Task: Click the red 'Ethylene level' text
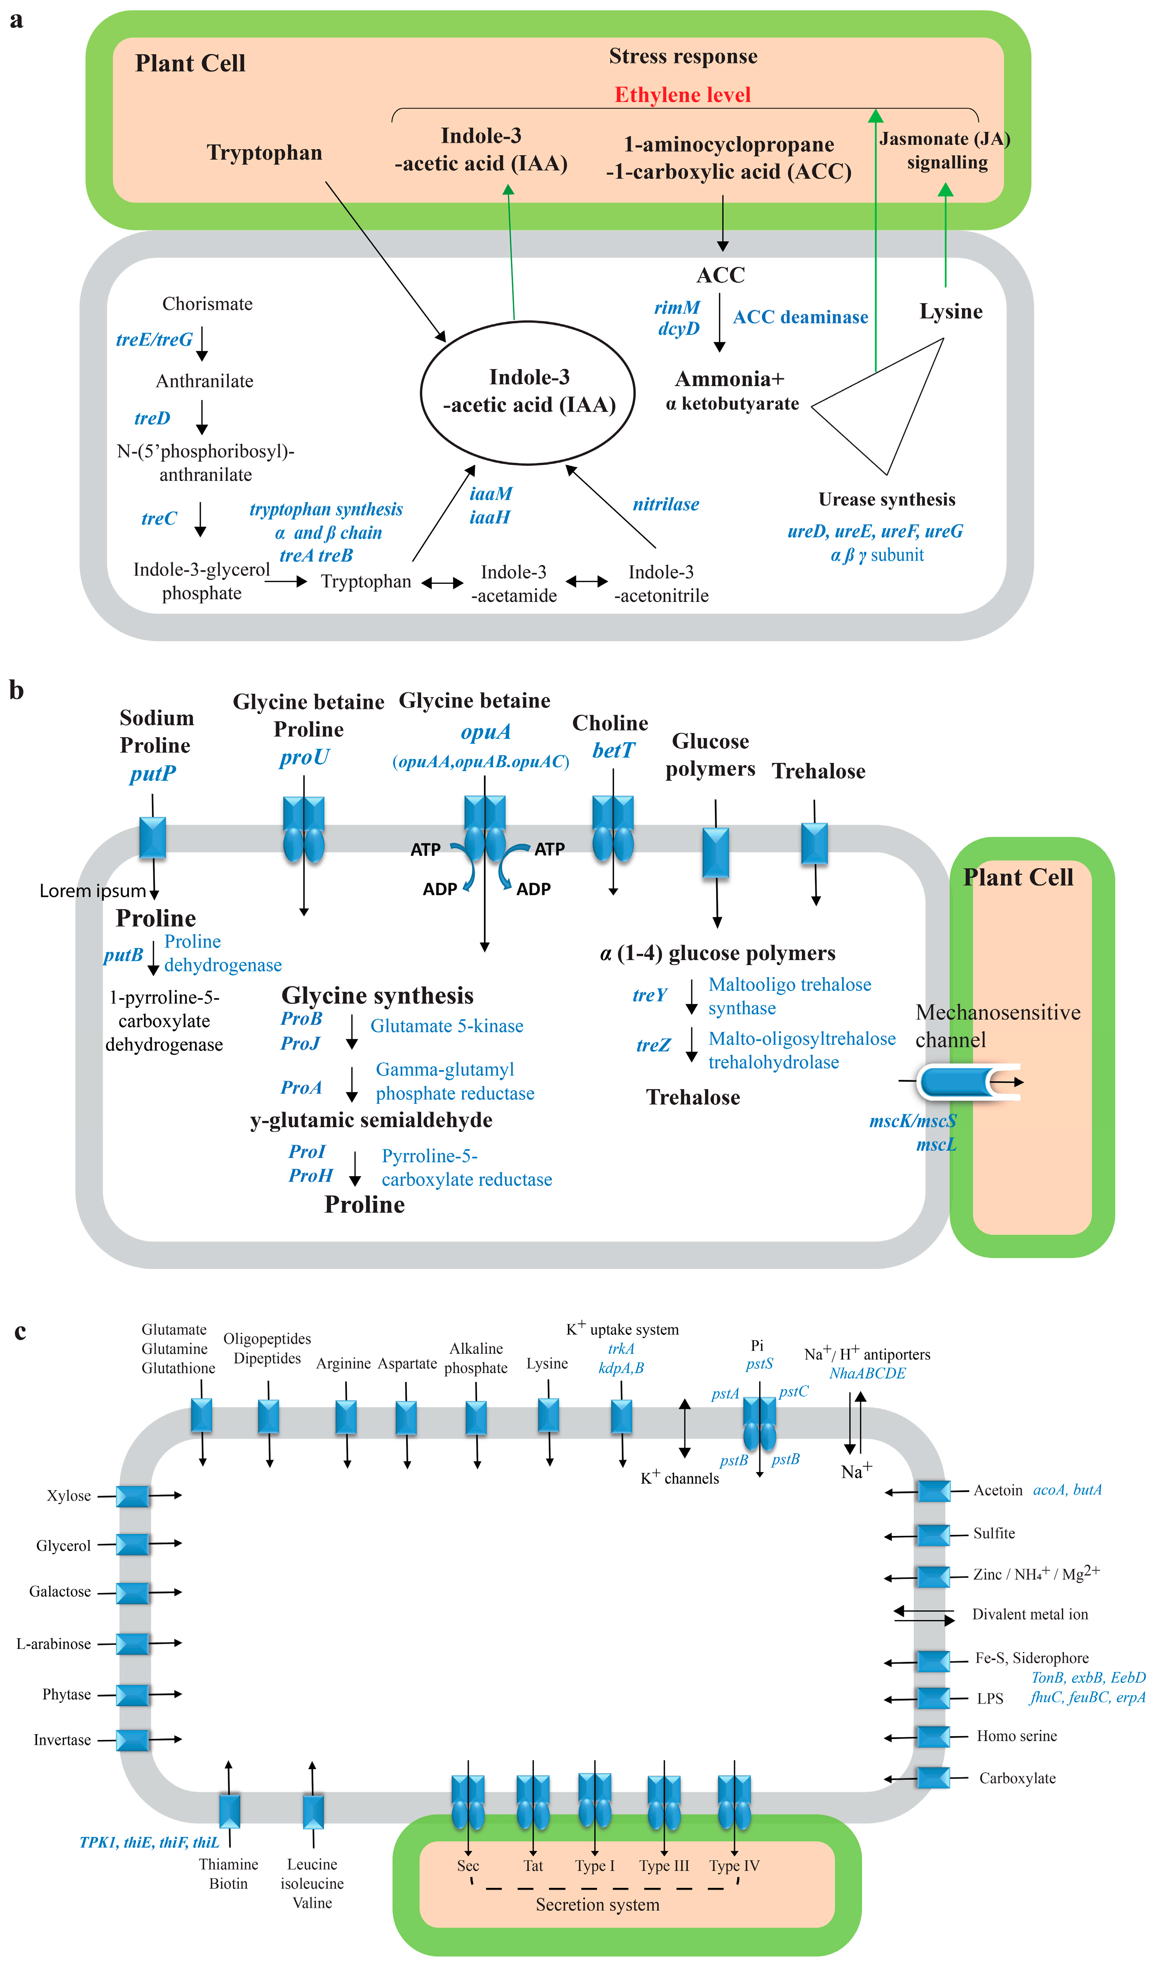click(683, 95)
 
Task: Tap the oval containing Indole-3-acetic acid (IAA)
click(528, 392)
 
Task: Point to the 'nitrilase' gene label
click(665, 504)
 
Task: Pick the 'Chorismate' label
click(207, 304)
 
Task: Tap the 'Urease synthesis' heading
click(887, 499)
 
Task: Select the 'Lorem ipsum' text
click(93, 891)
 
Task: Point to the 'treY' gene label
click(650, 995)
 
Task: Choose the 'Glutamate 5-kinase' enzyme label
click(447, 1026)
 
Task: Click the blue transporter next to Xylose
click(133, 1496)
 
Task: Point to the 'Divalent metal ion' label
click(1029, 1614)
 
